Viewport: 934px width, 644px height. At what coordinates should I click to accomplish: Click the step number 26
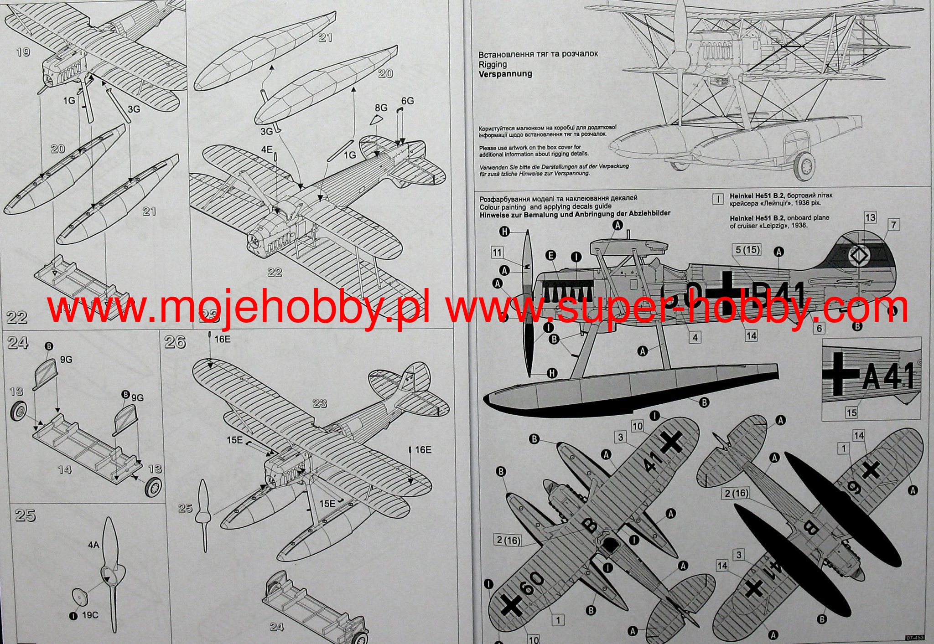pos(175,342)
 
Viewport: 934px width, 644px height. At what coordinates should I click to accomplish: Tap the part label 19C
pos(90,615)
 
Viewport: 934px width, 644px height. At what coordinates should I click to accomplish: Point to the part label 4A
pos(93,545)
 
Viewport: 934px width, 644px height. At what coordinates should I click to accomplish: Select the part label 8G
pos(381,108)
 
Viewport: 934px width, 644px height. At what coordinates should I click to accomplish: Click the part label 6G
pos(407,100)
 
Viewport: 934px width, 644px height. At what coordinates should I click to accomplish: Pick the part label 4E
pos(267,149)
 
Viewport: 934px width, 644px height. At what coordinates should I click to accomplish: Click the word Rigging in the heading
pos(493,65)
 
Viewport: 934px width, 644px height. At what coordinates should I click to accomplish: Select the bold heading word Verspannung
pos(505,74)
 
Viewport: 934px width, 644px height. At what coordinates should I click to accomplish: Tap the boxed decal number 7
pos(893,224)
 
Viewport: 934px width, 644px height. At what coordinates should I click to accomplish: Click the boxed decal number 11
pos(497,252)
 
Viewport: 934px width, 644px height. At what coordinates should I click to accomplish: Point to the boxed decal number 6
pos(820,328)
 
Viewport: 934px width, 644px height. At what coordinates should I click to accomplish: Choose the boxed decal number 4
pos(695,338)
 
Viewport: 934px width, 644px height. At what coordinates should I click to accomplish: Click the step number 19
pos(23,52)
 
